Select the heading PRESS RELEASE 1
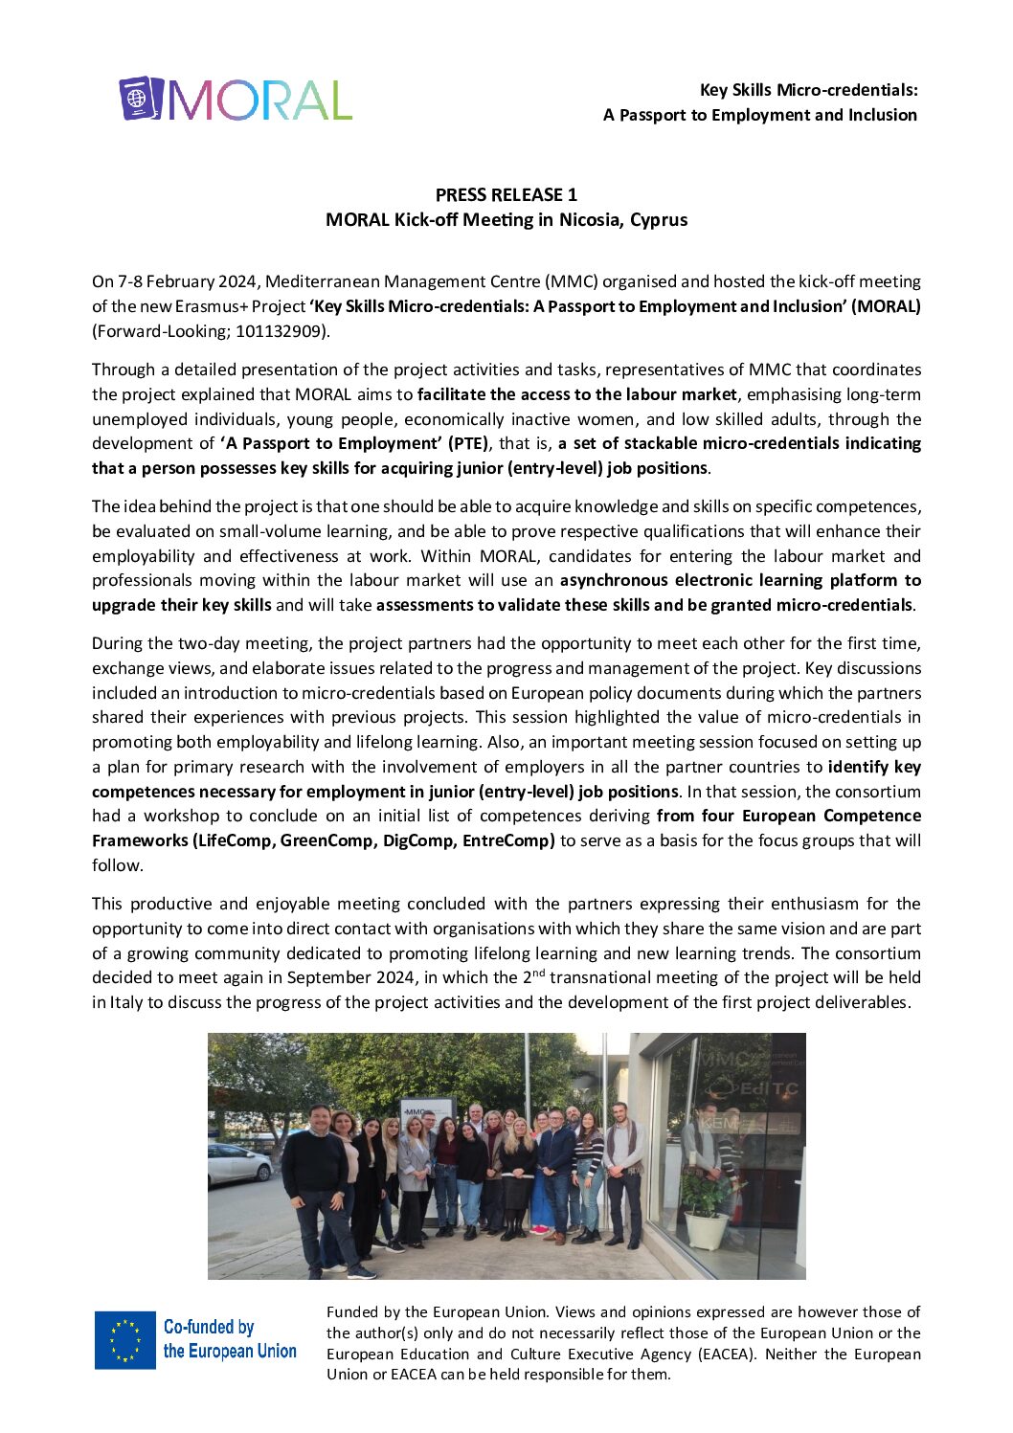pyautogui.click(x=506, y=195)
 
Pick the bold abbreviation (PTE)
pyautogui.click(x=466, y=443)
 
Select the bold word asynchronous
pyautogui.click(x=614, y=580)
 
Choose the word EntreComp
pyautogui.click(x=508, y=840)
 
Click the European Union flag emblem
pyautogui.click(x=124, y=1339)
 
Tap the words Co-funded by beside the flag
pyautogui.click(x=209, y=1327)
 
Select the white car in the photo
pyautogui.click(x=238, y=1162)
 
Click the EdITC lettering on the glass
pyautogui.click(x=766, y=1088)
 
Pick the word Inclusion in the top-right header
pyautogui.click(x=882, y=115)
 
